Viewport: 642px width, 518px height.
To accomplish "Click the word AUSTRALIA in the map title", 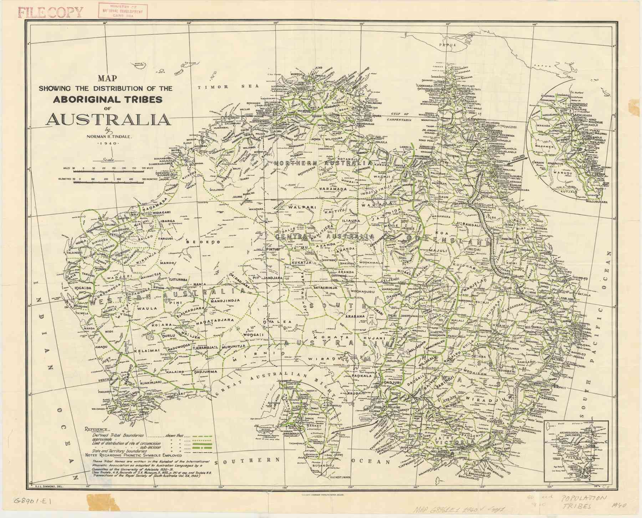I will point(108,119).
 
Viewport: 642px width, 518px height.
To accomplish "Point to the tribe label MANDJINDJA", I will point(225,300).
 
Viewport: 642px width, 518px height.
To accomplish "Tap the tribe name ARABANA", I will point(355,316).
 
